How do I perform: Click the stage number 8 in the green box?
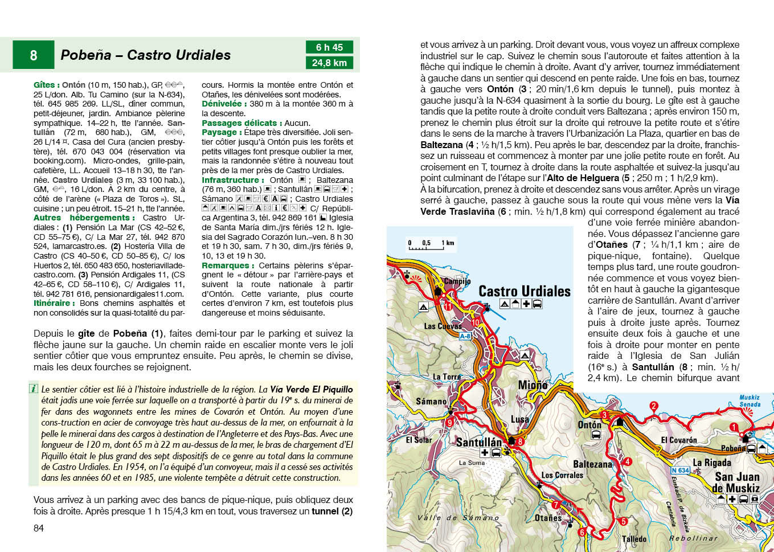click(x=34, y=55)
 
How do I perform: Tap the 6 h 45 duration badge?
click(x=329, y=47)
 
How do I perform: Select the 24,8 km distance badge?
click(x=329, y=63)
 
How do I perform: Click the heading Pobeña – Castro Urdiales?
click(x=146, y=55)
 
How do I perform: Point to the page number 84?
click(x=39, y=528)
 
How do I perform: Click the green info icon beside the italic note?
click(x=34, y=389)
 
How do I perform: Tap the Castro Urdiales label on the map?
click(x=524, y=291)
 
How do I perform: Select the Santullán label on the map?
click(x=479, y=442)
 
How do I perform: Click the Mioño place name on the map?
click(x=533, y=385)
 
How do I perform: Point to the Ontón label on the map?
click(x=589, y=424)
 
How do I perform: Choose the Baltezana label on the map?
click(x=592, y=464)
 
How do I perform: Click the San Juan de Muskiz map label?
click(x=736, y=483)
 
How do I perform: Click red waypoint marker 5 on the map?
click(x=623, y=521)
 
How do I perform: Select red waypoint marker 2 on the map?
click(x=654, y=406)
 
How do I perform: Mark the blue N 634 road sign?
click(x=680, y=471)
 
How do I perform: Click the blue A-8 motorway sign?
click(x=465, y=336)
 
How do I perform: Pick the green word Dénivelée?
click(x=222, y=104)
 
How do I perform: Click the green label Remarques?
click(x=225, y=265)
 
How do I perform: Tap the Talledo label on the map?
click(x=634, y=539)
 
